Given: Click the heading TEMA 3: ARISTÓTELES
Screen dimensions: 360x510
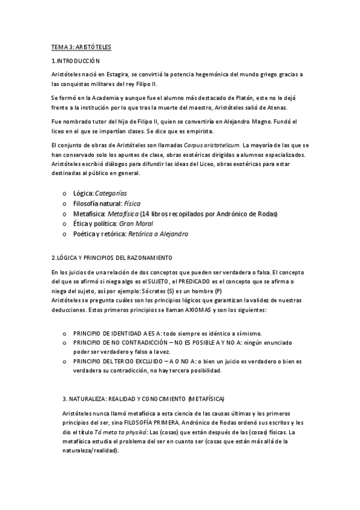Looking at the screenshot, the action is click(81, 46).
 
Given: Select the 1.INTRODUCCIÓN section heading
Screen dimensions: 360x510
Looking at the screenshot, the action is click(75, 61).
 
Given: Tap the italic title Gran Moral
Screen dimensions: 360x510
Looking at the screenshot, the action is click(137, 223).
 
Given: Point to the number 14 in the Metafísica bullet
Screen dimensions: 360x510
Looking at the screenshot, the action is click(145, 214).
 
